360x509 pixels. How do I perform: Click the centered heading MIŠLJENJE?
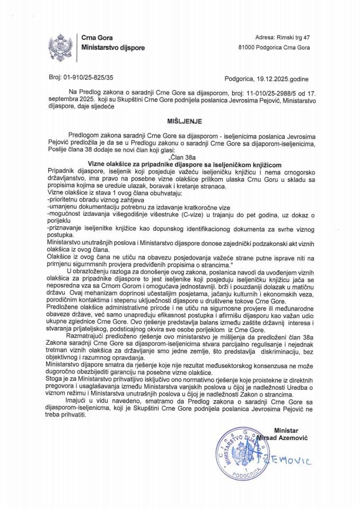click(x=181, y=120)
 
